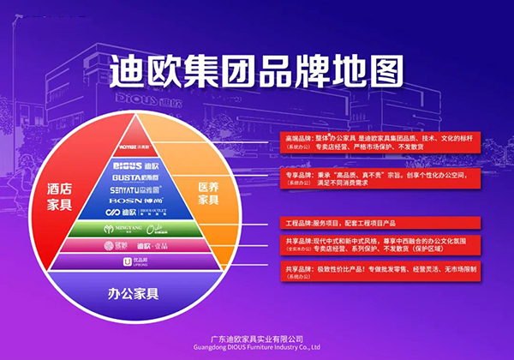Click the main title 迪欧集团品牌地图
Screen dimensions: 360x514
(x=256, y=73)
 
